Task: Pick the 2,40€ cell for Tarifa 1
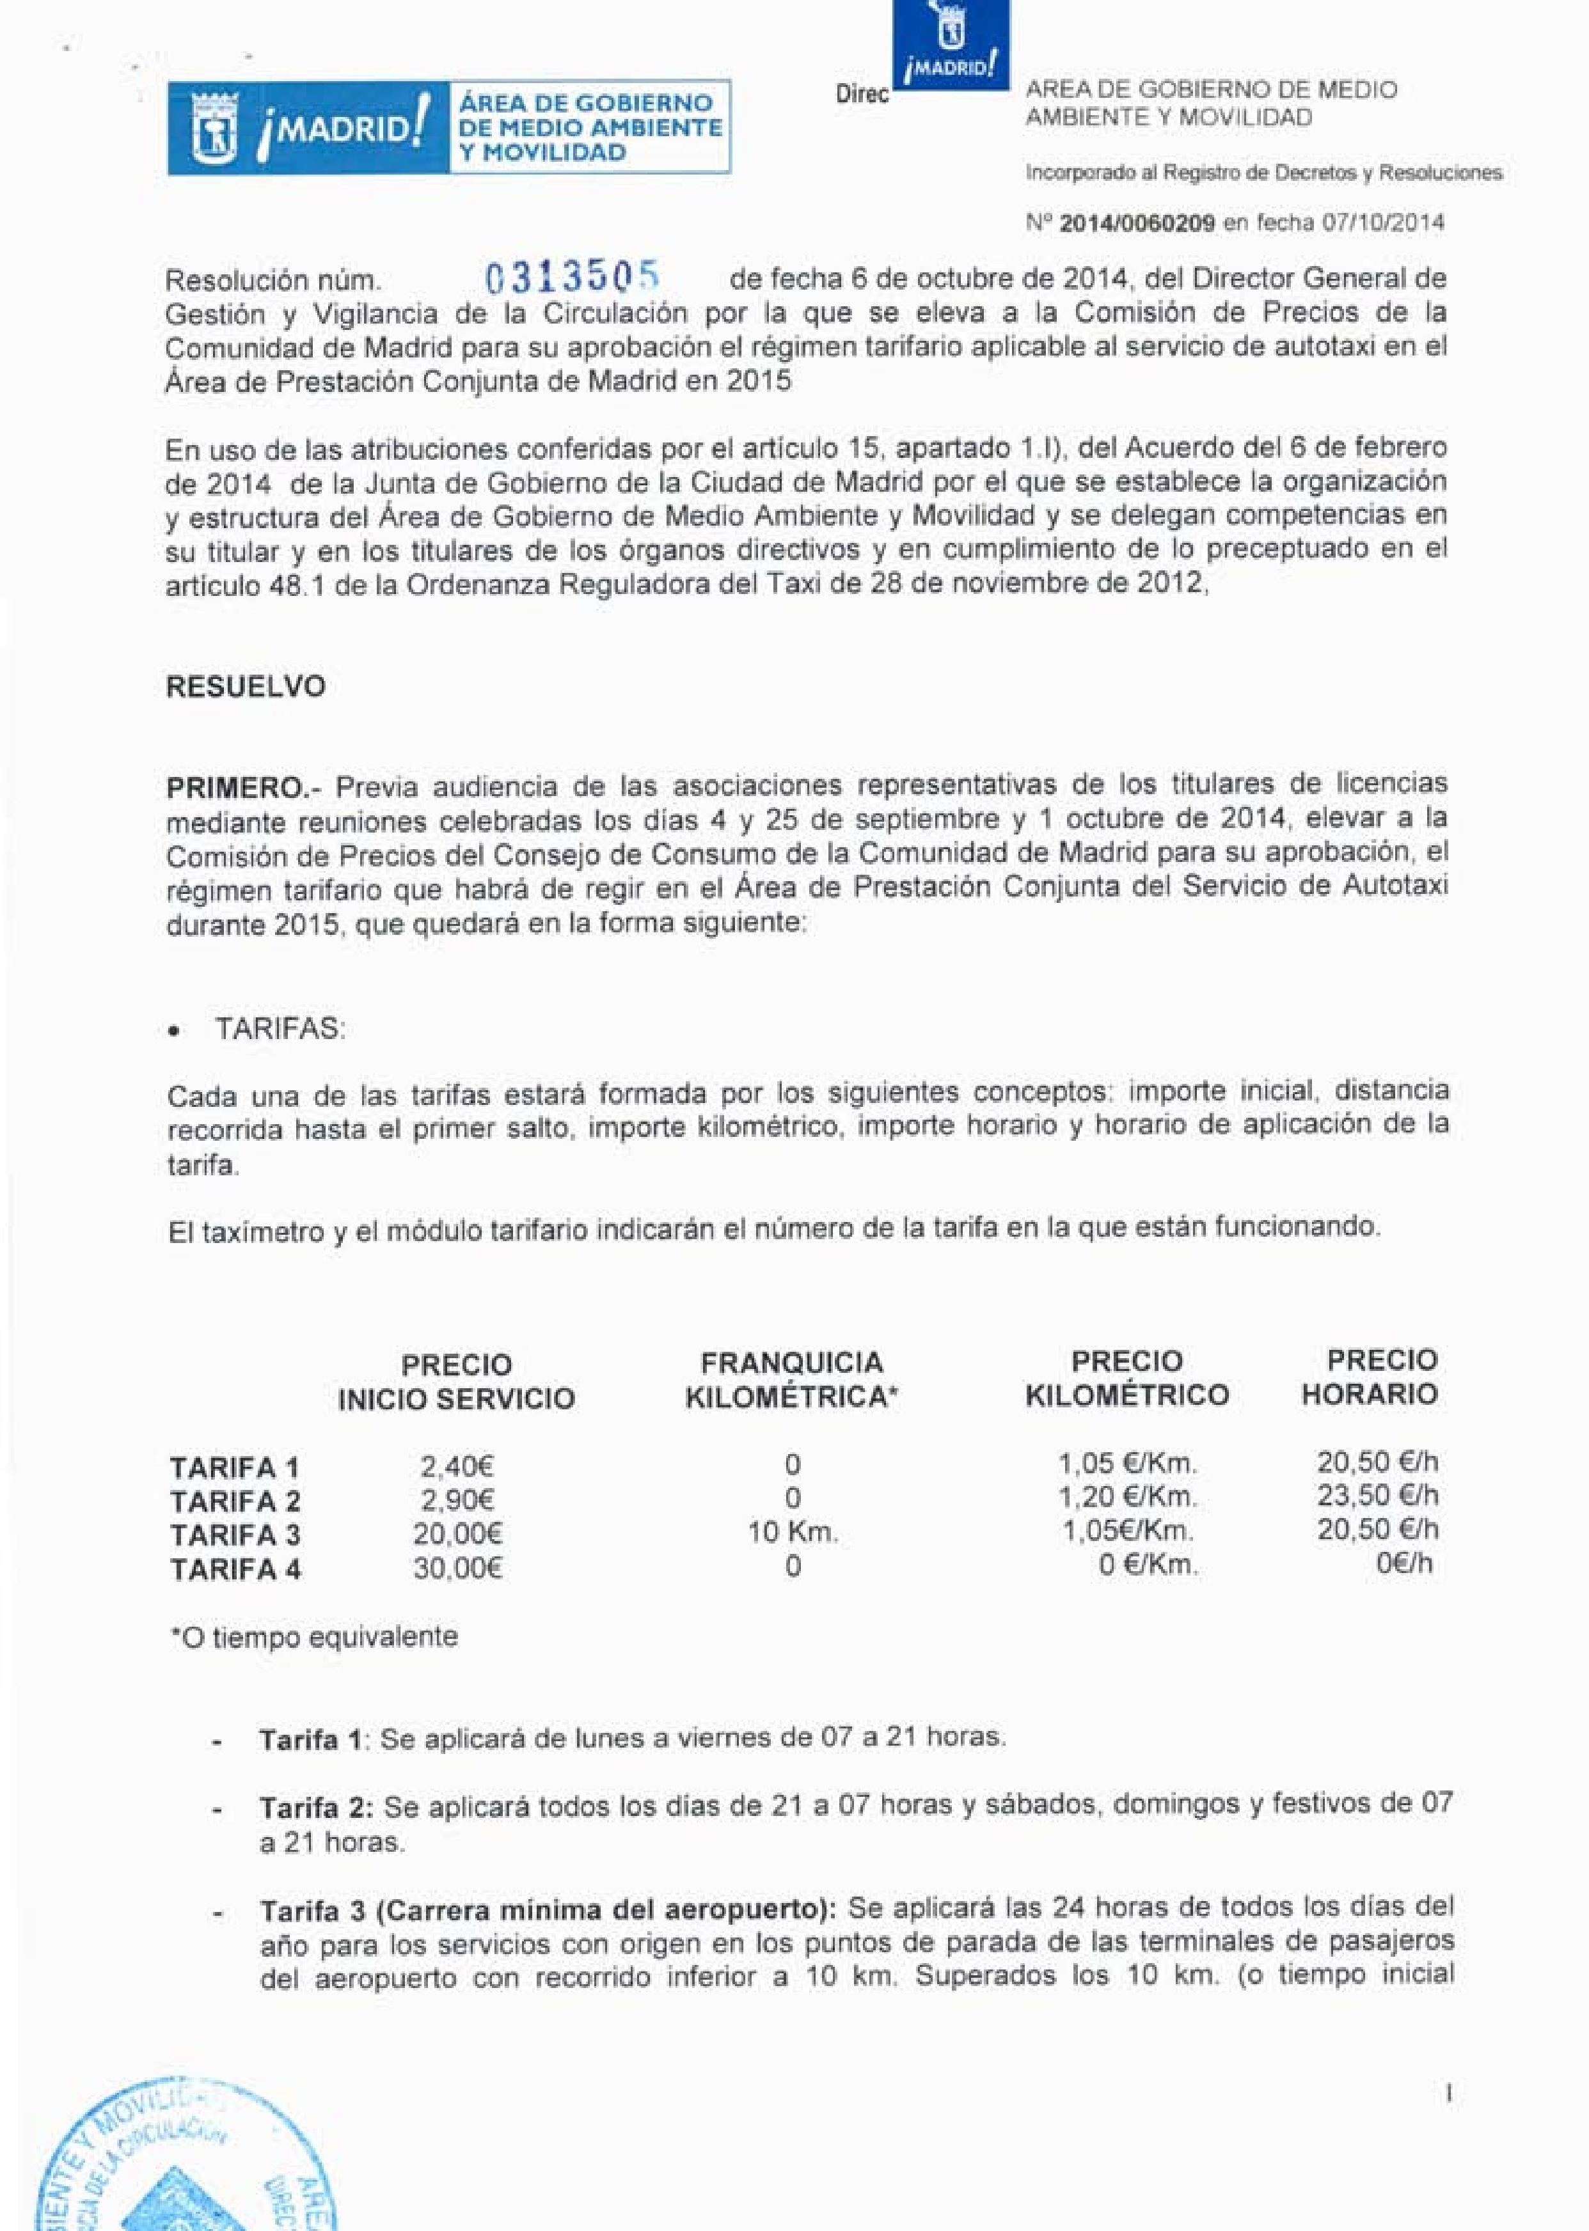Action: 457,1467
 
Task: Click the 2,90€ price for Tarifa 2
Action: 457,1500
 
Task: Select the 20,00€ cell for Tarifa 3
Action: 457,1533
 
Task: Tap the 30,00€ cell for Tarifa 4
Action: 457,1568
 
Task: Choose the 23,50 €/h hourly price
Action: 1377,1496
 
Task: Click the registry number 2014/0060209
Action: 1137,223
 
